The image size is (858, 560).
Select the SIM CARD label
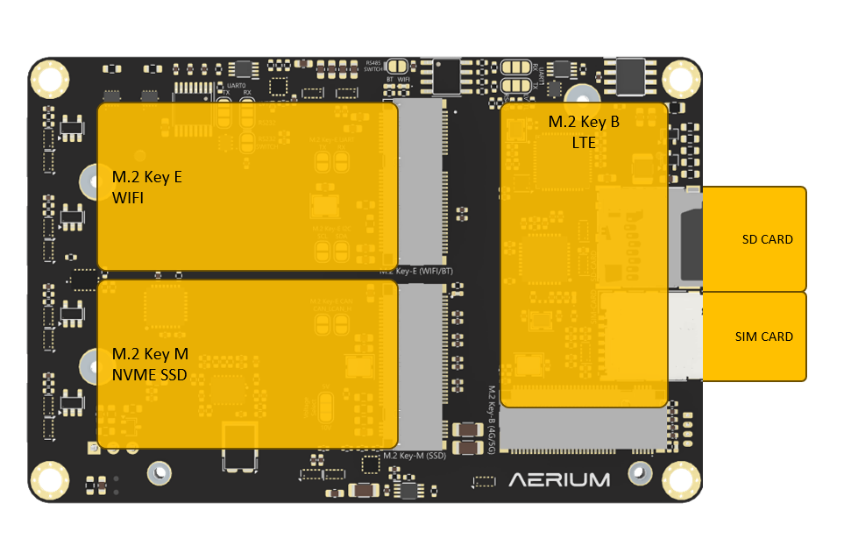click(763, 337)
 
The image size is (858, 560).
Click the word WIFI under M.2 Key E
click(128, 199)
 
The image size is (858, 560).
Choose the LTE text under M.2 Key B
click(583, 141)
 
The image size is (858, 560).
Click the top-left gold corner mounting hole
click(49, 80)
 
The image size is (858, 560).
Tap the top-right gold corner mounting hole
click(681, 80)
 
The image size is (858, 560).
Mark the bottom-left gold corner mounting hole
click(49, 479)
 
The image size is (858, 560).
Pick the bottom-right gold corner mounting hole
click(681, 479)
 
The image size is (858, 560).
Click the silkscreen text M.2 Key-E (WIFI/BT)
click(416, 272)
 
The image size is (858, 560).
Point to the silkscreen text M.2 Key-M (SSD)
click(415, 456)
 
